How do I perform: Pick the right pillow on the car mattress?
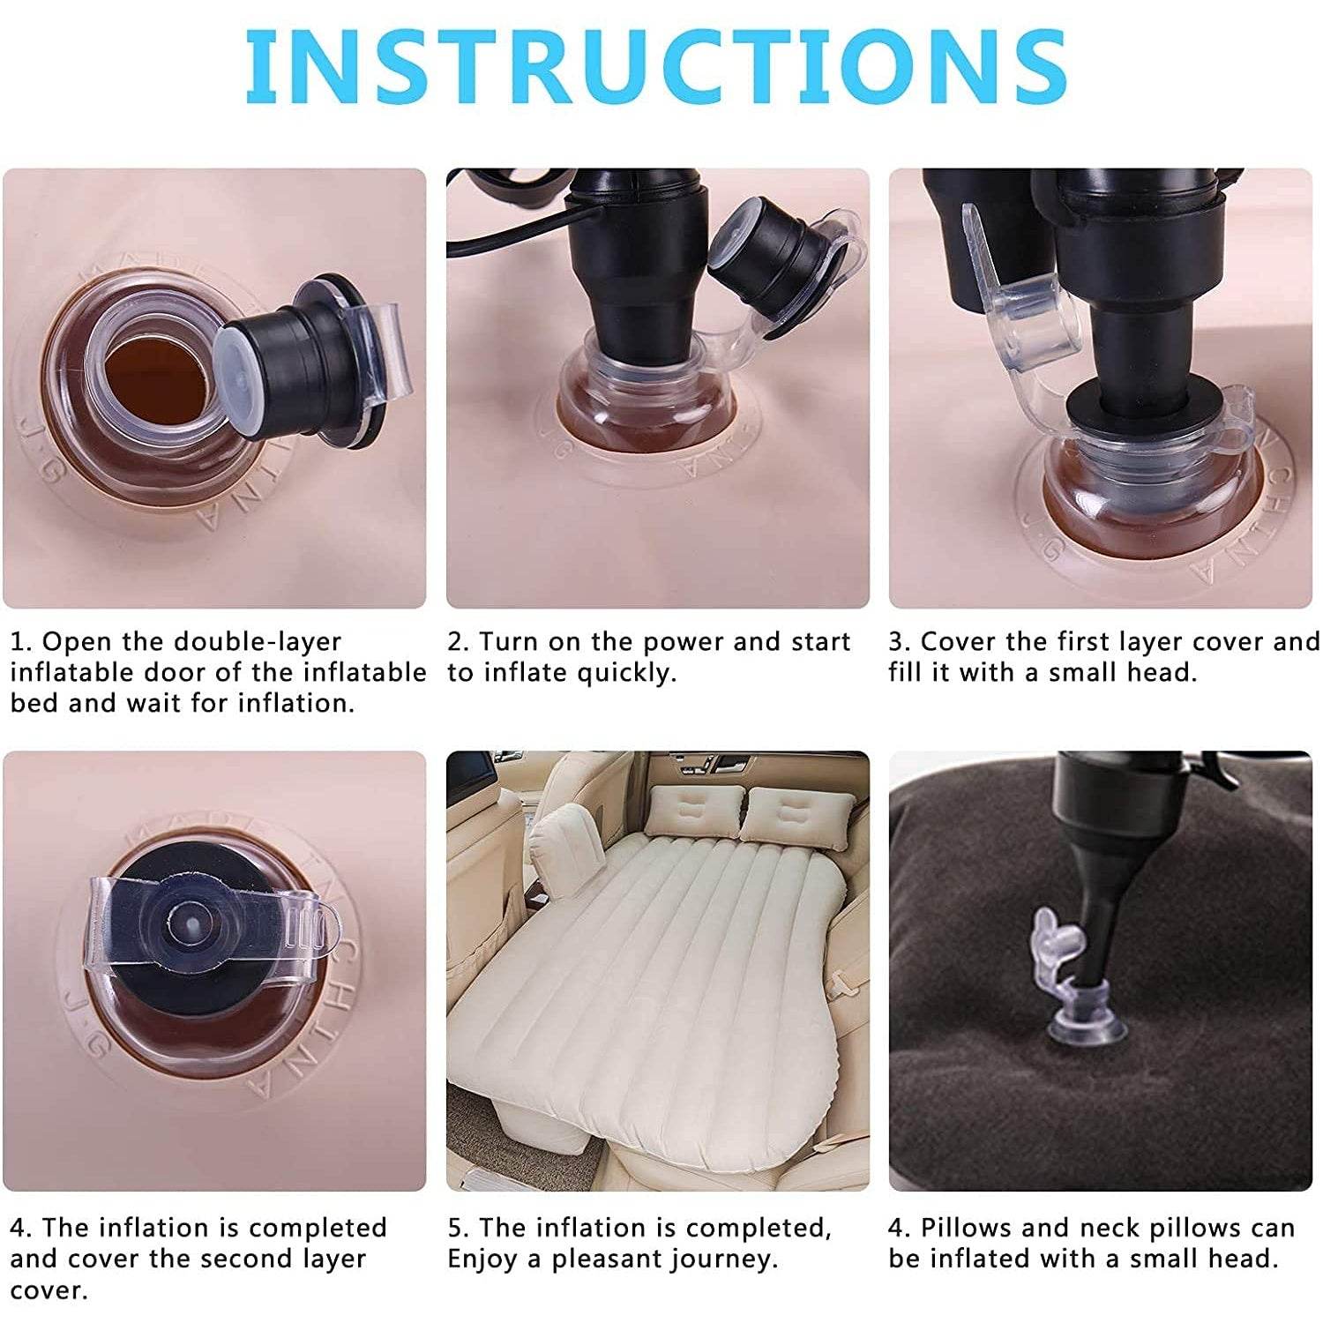click(798, 815)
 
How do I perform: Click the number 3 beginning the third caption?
click(896, 642)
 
